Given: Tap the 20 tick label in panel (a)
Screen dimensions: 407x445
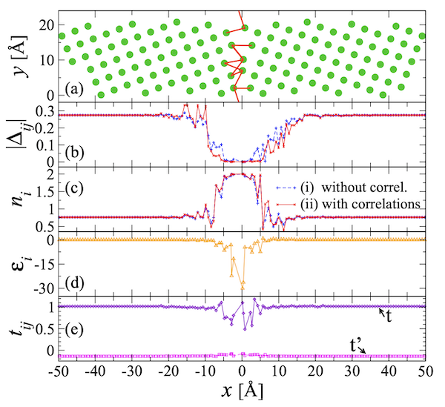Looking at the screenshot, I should pos(43,25).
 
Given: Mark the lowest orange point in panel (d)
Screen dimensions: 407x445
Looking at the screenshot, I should pos(243,285).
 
